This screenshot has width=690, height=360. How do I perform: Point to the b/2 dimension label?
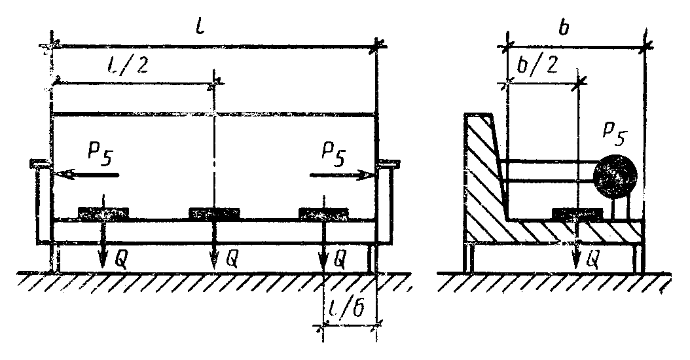pyautogui.click(x=537, y=67)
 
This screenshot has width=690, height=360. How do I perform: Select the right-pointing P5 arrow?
pyautogui.click(x=343, y=175)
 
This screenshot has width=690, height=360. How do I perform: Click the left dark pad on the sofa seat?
pyautogui.click(x=103, y=213)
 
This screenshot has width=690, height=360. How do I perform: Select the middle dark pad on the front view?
pyautogui.click(x=215, y=213)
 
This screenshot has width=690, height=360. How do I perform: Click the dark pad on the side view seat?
pyautogui.click(x=578, y=213)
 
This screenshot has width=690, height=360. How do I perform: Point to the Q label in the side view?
pyautogui.click(x=592, y=261)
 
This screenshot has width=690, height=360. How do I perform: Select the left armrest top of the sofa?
pyautogui.click(x=40, y=163)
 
